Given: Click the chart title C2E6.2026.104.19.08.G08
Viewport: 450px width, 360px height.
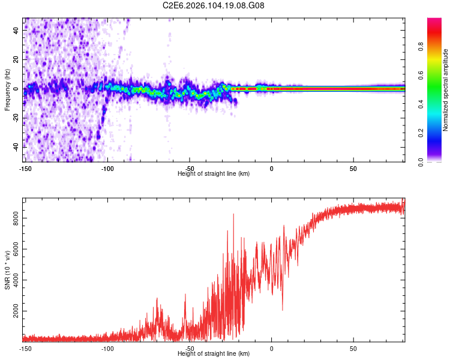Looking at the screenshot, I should (214, 5).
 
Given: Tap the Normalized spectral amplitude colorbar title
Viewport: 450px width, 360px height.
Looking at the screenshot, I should (445, 90).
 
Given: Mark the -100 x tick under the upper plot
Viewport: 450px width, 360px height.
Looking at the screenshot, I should (107, 168).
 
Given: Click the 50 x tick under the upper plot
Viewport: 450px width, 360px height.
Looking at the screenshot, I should (353, 168).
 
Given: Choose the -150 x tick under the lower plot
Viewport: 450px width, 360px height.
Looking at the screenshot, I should (25, 348).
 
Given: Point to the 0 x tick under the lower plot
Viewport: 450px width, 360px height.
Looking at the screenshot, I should (271, 348).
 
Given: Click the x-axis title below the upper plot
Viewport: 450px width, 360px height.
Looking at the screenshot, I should (214, 173).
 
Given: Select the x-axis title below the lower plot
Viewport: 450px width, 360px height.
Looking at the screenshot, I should (214, 353).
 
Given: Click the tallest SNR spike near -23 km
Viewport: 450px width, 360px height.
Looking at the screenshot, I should (233, 215).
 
